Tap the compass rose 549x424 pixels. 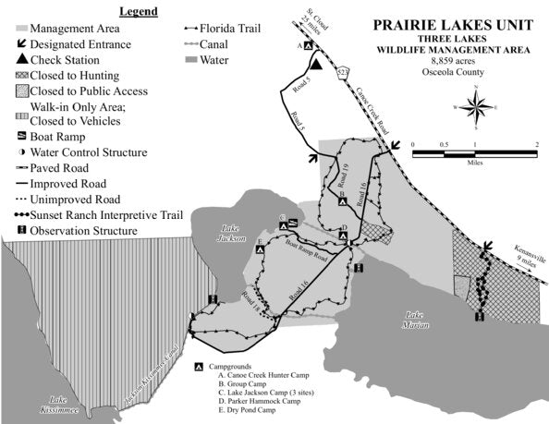click(x=477, y=107)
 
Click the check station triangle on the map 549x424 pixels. click(x=316, y=63)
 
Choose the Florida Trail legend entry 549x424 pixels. click(x=221, y=28)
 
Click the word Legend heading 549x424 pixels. click(x=138, y=11)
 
